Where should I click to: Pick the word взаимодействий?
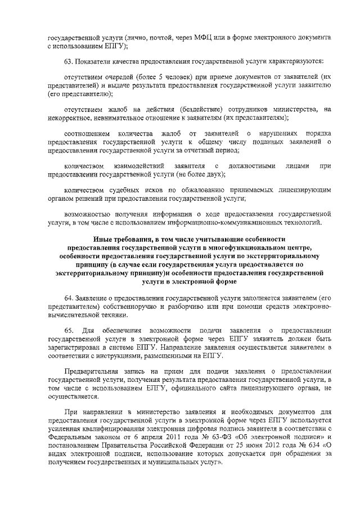pos(138,166)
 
